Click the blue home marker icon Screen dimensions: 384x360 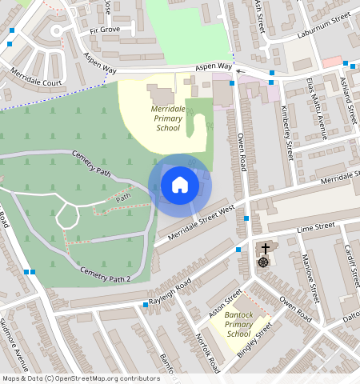point(180,186)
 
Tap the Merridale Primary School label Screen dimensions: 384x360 point(168,117)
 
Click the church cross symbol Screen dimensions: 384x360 point(265,249)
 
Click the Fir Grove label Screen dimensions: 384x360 point(104,30)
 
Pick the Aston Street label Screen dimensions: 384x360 point(224,305)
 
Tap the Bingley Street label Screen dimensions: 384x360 point(257,338)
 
